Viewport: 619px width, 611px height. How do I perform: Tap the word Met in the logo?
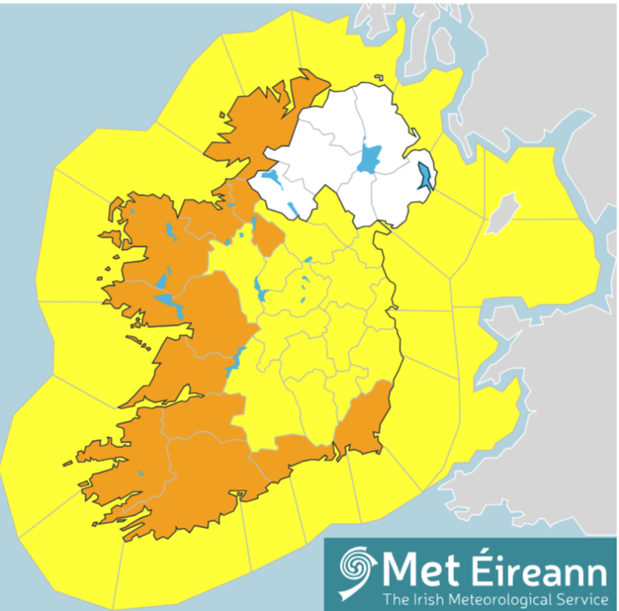tap(418, 572)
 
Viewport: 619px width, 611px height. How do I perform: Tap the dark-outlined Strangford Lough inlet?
tap(425, 177)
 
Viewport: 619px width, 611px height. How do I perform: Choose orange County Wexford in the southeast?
tap(364, 422)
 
